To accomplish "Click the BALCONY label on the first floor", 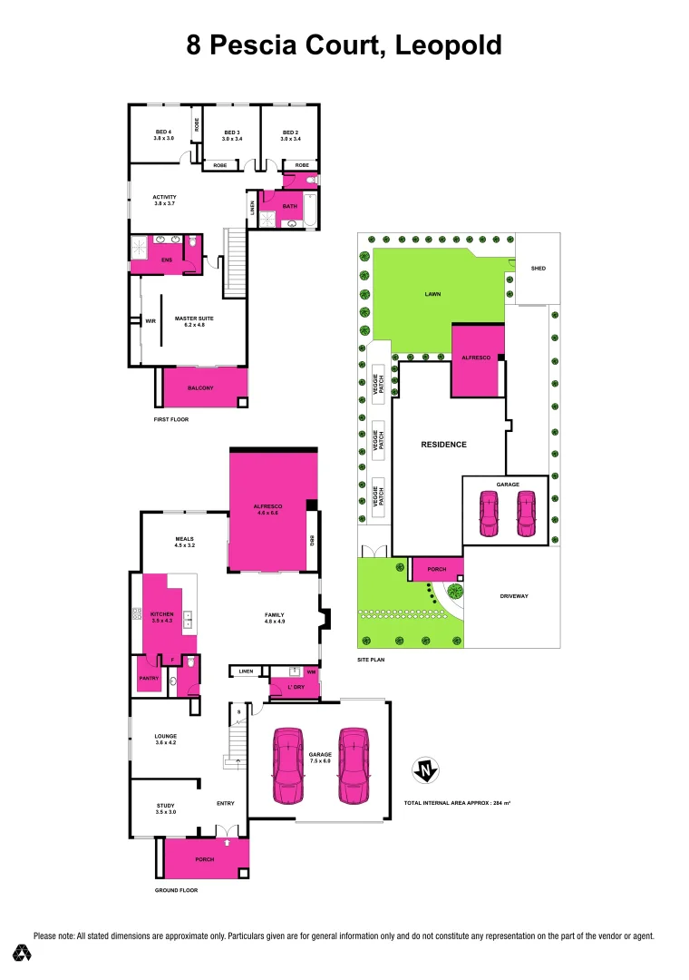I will (x=200, y=387).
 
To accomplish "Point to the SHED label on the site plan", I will (x=539, y=269).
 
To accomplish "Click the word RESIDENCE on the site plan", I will (x=443, y=445).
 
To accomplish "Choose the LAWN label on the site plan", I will (x=432, y=294).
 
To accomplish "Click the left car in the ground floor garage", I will (x=287, y=765).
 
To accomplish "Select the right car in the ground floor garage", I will (x=354, y=765).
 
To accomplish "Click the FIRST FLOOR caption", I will (x=171, y=420).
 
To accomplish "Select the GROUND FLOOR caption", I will (x=176, y=890).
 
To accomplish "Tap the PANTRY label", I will (x=149, y=678).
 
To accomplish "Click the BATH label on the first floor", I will (x=289, y=206).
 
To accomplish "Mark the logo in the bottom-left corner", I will (x=23, y=953).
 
